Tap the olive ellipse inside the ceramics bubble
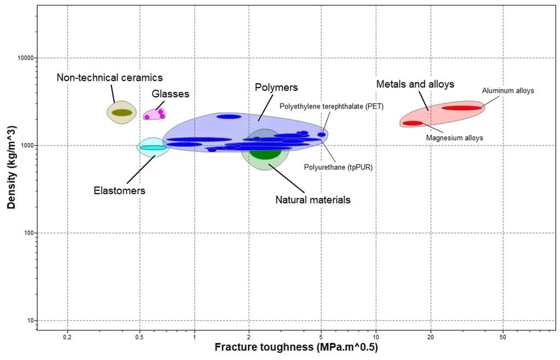pos(122,113)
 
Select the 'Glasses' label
pos(171,94)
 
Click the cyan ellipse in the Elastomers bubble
pos(153,147)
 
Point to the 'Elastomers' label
pos(119,191)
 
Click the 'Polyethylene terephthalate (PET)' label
pos(331,107)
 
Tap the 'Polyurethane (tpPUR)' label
pos(338,167)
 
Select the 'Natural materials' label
pos(313,200)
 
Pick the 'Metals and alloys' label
pos(415,84)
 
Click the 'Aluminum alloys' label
pos(507,90)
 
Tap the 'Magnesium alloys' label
pos(454,138)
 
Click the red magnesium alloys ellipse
pos(412,123)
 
